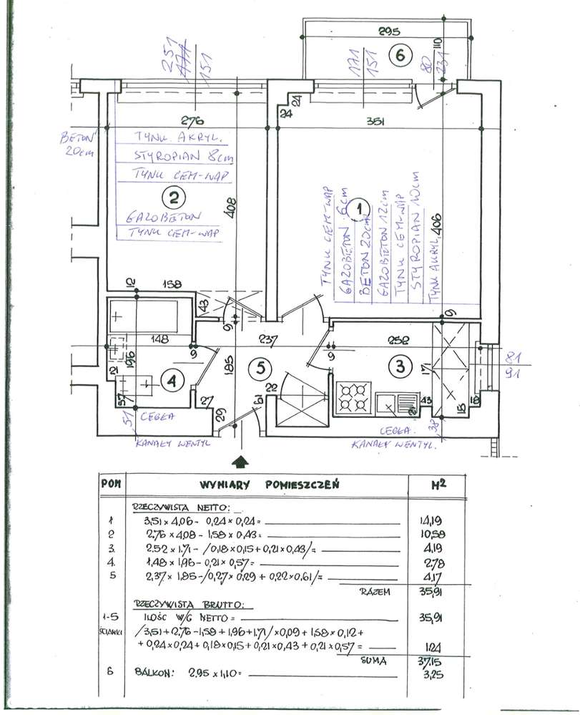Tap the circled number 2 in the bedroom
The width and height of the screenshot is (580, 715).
(173, 195)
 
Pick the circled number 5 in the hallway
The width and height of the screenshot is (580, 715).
(260, 368)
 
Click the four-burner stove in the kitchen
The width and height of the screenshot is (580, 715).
(353, 399)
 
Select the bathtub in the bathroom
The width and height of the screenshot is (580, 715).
(144, 315)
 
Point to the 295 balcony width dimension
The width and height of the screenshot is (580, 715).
(388, 31)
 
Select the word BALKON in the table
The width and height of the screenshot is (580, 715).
(154, 673)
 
